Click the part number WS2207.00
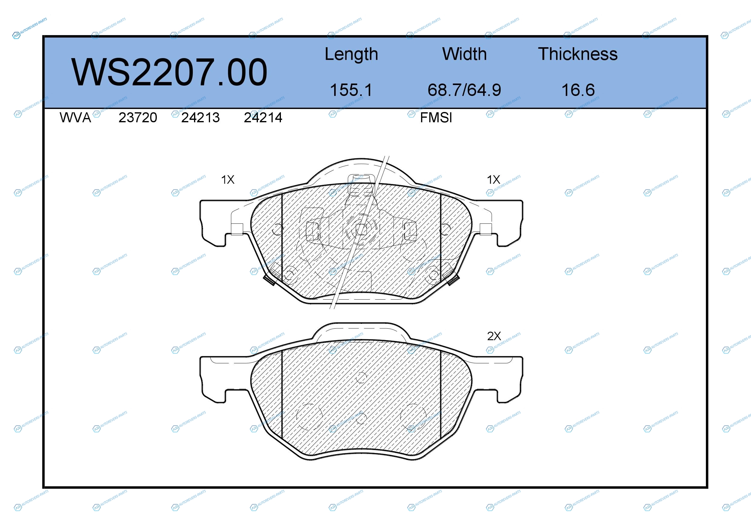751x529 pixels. (169, 72)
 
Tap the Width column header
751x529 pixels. (464, 54)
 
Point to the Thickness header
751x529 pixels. (578, 54)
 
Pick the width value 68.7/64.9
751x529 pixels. (464, 90)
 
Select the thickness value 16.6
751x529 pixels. (578, 90)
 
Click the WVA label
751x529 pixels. (75, 118)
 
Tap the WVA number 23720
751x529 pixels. (138, 118)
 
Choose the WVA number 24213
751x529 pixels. (200, 118)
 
